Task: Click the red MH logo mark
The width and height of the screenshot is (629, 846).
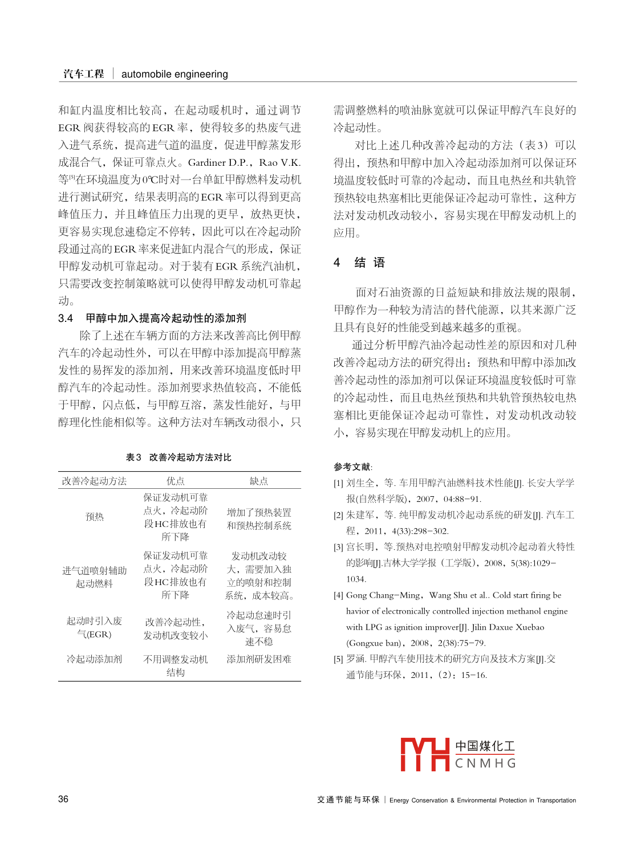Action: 424,754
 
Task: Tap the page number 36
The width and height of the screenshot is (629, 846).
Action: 63,799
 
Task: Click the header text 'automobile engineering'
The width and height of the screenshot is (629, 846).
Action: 175,74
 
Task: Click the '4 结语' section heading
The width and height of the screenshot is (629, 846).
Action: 360,263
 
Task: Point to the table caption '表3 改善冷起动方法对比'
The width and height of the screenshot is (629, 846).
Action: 178,457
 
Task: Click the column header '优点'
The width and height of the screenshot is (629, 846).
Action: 175,481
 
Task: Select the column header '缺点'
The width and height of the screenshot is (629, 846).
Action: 258,481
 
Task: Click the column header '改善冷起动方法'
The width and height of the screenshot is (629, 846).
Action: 95,481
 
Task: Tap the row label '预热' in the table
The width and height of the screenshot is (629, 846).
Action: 95,517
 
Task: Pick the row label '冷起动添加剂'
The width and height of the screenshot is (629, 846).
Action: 95,659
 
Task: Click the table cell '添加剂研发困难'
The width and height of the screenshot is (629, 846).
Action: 259,659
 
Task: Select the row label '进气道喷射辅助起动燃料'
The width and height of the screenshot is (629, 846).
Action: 95,577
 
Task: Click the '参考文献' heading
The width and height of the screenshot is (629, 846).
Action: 352,467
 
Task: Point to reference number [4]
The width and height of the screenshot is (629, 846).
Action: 338,595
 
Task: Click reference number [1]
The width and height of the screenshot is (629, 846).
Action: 338,483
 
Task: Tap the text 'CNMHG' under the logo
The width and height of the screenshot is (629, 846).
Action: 485,763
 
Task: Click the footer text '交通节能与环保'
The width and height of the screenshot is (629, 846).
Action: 348,799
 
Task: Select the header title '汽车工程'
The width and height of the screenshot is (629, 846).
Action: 84,74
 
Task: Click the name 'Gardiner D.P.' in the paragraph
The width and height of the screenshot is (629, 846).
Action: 218,162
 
